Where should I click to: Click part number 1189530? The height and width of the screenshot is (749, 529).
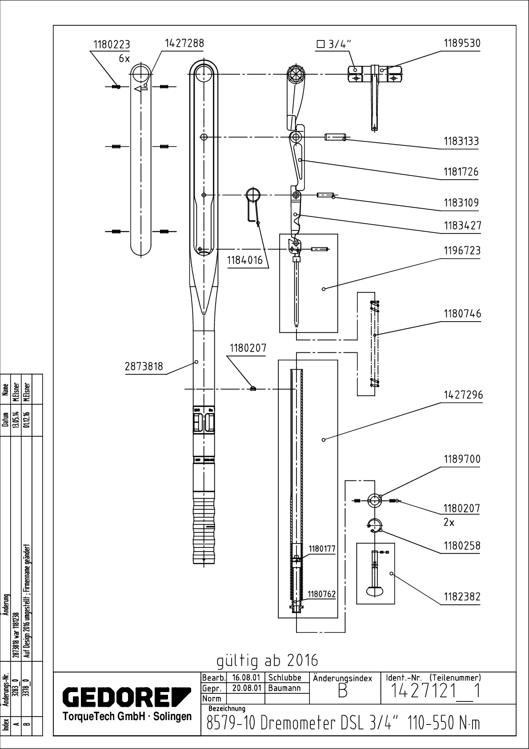coord(462,44)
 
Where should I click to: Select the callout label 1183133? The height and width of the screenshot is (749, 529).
coord(461,141)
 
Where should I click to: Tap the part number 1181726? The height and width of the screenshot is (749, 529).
coord(461,172)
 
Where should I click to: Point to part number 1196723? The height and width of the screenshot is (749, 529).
coord(462,251)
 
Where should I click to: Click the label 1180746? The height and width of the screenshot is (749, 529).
coord(462,314)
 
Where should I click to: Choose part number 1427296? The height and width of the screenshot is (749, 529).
coord(462,395)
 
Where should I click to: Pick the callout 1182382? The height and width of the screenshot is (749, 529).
coord(462,597)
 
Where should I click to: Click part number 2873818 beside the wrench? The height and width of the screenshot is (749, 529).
coord(144,366)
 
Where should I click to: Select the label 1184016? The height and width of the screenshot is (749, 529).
coord(245,261)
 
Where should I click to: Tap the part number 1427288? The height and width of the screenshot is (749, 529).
coord(184,43)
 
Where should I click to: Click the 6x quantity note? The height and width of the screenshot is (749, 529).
coord(124,58)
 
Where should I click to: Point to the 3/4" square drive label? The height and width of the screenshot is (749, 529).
coord(334,44)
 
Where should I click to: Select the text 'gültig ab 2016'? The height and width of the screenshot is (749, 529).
coord(267,660)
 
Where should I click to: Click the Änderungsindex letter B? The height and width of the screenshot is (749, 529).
coord(342,693)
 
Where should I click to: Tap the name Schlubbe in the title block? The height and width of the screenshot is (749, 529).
coord(285,678)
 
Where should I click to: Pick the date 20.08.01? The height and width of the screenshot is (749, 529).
coord(246,688)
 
